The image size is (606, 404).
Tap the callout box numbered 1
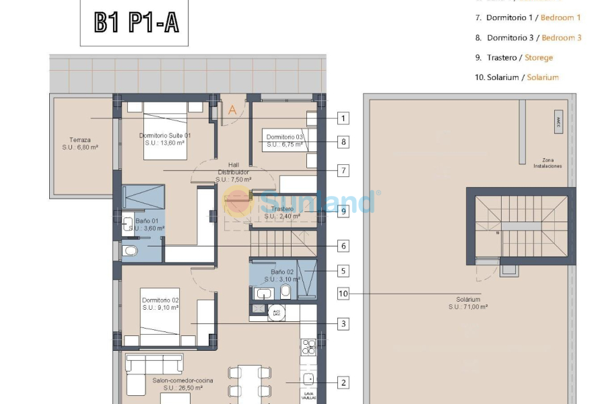point(343,119)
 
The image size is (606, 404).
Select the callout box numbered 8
point(343,142)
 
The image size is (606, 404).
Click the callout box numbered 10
point(343,294)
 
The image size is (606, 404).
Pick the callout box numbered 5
point(343,271)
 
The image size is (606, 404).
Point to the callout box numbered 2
point(343,383)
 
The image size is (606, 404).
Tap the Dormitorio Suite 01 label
point(165,139)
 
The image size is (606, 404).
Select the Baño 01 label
point(147,224)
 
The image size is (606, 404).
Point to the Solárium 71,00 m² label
point(468,302)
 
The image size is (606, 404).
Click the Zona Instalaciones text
point(547,163)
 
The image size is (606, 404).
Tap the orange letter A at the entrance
point(232,110)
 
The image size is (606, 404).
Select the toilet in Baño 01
point(130,251)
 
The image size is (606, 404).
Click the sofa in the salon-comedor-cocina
point(154,364)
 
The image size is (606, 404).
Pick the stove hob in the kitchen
point(308,347)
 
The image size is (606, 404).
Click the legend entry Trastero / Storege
point(514,58)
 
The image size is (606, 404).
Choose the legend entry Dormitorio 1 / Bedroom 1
point(528,18)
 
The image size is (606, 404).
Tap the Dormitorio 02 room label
point(160,304)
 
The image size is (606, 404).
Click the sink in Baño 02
point(264,293)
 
